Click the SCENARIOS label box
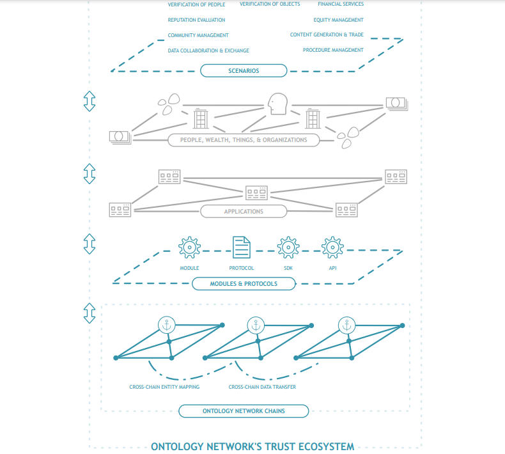tap(244, 70)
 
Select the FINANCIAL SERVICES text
tap(340, 4)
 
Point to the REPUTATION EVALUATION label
tap(196, 20)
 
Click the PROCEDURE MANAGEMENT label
tap(333, 50)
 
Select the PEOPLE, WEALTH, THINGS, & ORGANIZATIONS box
tap(244, 139)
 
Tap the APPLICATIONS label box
tap(244, 211)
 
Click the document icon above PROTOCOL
tap(241, 247)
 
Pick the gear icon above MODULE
tap(189, 247)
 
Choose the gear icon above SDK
tap(288, 247)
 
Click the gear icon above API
tap(332, 247)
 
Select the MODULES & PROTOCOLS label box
tap(244, 283)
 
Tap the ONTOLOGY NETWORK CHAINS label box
tap(244, 411)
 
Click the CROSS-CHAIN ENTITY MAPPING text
tap(164, 387)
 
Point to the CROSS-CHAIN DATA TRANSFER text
tap(262, 387)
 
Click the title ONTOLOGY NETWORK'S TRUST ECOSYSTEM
tap(252, 446)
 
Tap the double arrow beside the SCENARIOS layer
tap(89, 100)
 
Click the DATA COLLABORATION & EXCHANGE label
tap(208, 50)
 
